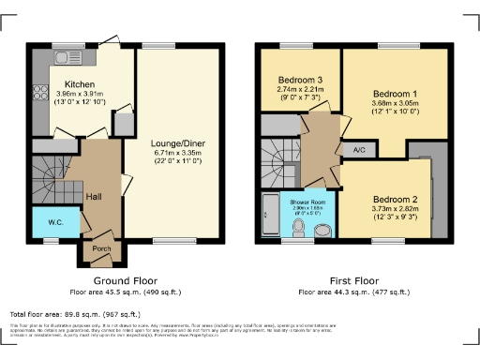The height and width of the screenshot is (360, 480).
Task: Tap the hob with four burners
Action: [41, 94]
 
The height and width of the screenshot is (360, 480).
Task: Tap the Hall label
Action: [95, 196]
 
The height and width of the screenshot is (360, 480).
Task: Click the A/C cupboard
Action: [359, 149]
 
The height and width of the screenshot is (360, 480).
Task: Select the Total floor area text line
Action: [74, 315]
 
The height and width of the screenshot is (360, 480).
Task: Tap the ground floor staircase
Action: [51, 177]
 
